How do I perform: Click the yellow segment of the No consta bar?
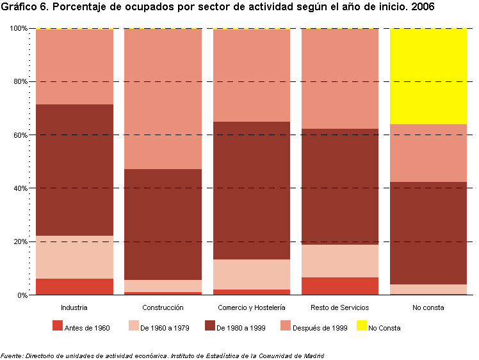tap(428, 76)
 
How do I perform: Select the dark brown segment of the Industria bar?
tap(74, 170)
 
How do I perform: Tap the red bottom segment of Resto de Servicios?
tap(340, 286)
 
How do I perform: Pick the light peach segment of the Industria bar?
tap(74, 257)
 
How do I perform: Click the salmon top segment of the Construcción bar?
tap(163, 99)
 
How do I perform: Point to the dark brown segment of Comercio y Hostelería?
tap(251, 190)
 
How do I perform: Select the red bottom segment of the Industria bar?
tap(74, 286)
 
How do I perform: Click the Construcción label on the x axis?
tap(163, 308)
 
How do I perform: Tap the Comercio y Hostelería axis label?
tap(251, 308)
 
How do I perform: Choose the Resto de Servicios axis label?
tap(340, 308)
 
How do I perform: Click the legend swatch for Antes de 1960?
tap(58, 326)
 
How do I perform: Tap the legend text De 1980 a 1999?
tap(240, 328)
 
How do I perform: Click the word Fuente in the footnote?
tap(12, 356)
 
